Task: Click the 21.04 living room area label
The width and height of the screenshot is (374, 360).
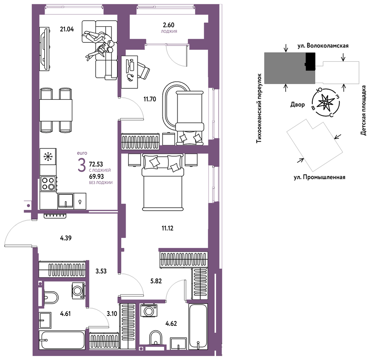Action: [x=67, y=29]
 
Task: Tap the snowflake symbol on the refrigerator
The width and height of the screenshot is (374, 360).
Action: [x=48, y=156]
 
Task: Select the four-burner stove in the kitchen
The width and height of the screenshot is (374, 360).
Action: [x=48, y=184]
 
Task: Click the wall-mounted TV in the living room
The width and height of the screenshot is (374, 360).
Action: [x=45, y=49]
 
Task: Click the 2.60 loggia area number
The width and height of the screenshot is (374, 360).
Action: [x=169, y=25]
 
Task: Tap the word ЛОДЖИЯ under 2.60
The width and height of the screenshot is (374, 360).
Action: [x=169, y=31]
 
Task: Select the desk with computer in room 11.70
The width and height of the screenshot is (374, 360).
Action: [x=130, y=72]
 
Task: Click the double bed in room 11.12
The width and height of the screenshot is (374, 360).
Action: [x=163, y=182]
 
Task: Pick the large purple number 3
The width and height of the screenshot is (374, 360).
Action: [x=82, y=165]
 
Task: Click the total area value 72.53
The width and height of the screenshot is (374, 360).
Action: [x=96, y=164]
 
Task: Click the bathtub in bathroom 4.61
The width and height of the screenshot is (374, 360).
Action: [x=62, y=340]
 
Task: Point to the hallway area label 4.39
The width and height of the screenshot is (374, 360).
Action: [x=66, y=238]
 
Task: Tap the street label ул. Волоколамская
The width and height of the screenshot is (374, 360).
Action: [x=323, y=45]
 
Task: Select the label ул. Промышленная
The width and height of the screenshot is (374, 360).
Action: [x=319, y=177]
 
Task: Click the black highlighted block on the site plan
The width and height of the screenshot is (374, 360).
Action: [x=310, y=62]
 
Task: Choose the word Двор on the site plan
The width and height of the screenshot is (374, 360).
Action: [x=297, y=104]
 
